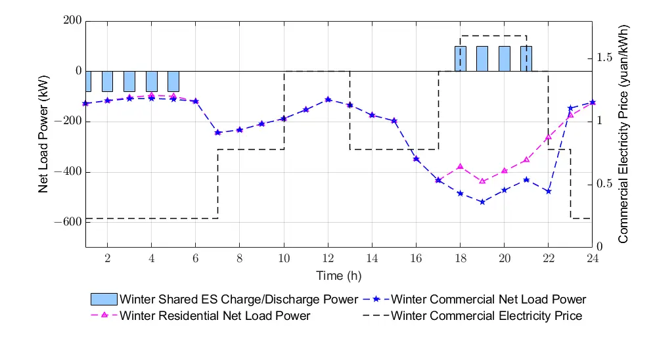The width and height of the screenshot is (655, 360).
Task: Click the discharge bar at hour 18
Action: click(461, 58)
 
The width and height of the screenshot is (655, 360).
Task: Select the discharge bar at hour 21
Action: click(526, 58)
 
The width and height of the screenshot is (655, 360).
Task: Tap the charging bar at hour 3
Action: click(129, 81)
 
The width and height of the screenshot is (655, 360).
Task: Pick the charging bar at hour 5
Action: click(173, 81)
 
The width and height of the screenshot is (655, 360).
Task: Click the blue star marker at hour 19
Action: click(482, 202)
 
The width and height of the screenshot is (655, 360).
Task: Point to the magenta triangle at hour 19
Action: click(482, 181)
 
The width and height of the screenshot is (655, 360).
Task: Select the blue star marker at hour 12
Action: click(328, 99)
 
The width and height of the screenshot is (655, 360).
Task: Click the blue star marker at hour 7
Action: click(217, 133)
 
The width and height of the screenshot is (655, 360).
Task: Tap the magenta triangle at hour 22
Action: click(549, 138)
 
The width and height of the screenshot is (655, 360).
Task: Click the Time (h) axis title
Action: click(338, 275)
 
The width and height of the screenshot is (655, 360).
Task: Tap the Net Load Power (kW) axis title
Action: click(44, 134)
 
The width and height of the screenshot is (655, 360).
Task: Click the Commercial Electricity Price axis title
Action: click(623, 134)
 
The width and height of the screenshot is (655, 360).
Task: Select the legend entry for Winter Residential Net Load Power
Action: click(215, 316)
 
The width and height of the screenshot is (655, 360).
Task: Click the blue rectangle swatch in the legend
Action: click(104, 300)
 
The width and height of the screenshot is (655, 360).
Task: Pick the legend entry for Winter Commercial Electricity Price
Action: click(486, 316)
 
